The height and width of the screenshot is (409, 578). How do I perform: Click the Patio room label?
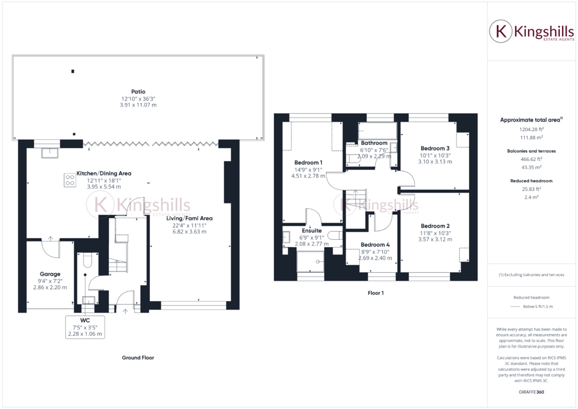pos(138,91)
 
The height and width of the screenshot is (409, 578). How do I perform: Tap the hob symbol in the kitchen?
pos(70,180)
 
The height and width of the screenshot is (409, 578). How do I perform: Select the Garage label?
pos(50,274)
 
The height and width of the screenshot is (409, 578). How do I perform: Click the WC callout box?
pos(85,327)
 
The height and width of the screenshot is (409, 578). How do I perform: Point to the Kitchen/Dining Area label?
pos(104,173)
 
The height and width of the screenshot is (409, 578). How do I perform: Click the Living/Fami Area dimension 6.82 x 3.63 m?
pos(189,232)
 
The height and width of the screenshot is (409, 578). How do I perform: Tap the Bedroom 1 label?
pos(308,162)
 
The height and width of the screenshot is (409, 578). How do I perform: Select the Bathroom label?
pos(374,143)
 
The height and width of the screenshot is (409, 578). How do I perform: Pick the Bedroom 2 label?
pos(435,226)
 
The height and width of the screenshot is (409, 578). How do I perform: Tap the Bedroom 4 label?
pos(375,244)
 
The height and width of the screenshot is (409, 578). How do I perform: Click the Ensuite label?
pos(312,231)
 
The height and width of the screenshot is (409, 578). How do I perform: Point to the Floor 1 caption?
pos(375,293)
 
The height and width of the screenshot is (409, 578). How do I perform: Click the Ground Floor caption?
pos(138,358)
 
